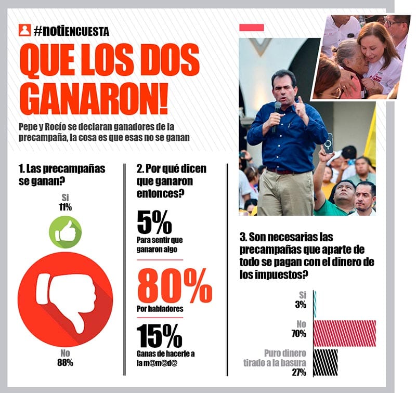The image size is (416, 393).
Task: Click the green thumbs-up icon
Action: point(65,232)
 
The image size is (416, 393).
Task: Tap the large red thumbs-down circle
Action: point(65,299)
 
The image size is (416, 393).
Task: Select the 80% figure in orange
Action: point(174,285)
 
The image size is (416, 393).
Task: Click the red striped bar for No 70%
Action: point(345,333)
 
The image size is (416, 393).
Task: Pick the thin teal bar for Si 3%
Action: point(315,304)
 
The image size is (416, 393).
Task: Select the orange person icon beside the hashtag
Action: point(24,30)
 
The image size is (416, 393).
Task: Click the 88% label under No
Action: point(65,362)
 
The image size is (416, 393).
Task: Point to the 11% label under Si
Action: point(65,207)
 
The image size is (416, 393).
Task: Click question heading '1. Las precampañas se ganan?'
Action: point(61,174)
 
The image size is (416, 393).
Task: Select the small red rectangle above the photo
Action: point(251,27)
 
